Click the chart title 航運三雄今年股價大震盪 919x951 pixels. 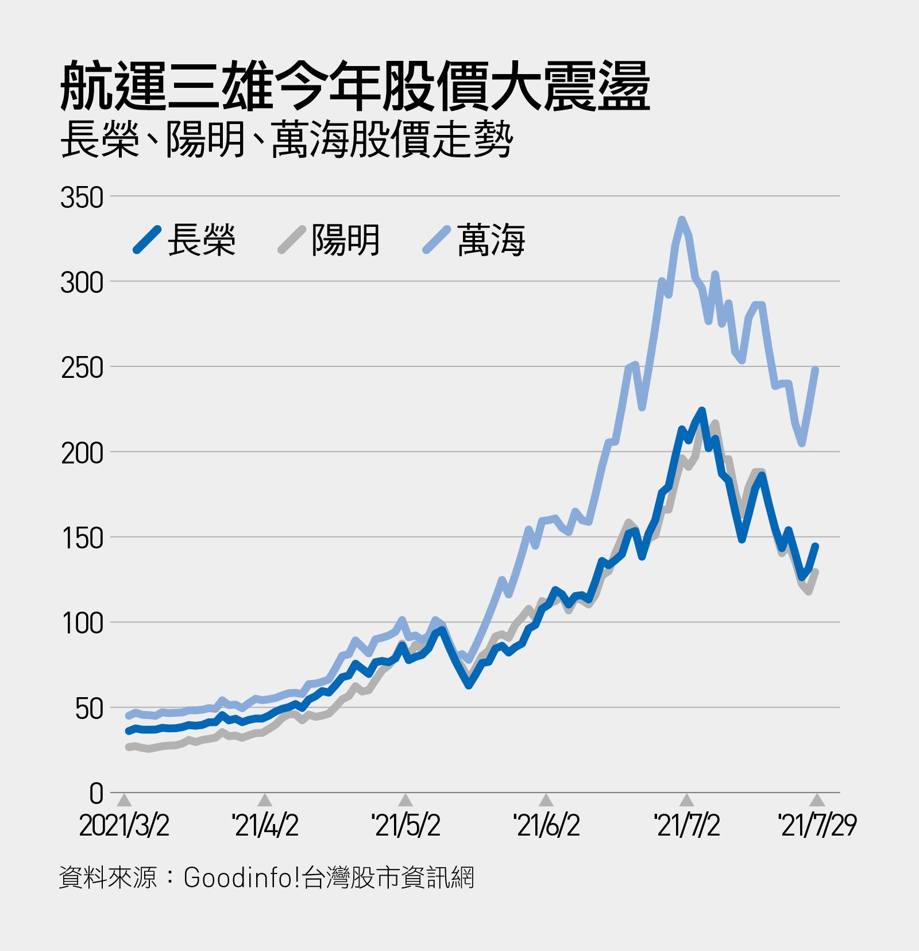point(355,87)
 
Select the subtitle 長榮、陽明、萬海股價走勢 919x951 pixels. point(286,140)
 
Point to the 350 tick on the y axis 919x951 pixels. point(82,198)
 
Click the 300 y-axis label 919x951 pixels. point(82,283)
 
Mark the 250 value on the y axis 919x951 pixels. point(82,368)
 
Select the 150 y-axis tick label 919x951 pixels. point(82,539)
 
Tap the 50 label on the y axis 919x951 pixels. point(88,709)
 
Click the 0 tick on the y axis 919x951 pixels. point(96,794)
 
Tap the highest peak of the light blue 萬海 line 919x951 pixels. point(682,219)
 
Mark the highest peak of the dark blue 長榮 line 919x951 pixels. point(701,411)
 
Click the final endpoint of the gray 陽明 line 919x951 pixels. point(816,572)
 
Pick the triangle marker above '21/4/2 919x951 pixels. point(265,800)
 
